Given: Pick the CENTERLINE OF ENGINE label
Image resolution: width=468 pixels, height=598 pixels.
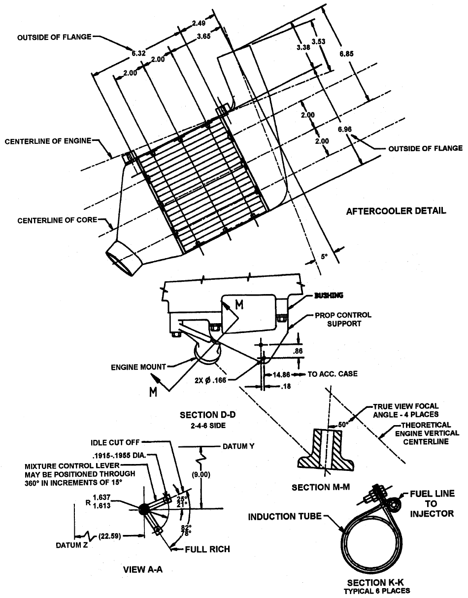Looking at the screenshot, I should (48, 141).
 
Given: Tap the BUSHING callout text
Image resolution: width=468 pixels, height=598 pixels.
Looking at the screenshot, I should (329, 296).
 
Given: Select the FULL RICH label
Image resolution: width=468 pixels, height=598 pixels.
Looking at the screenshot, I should (207, 549).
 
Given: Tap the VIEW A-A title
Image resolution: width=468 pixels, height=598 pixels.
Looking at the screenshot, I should (142, 569).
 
